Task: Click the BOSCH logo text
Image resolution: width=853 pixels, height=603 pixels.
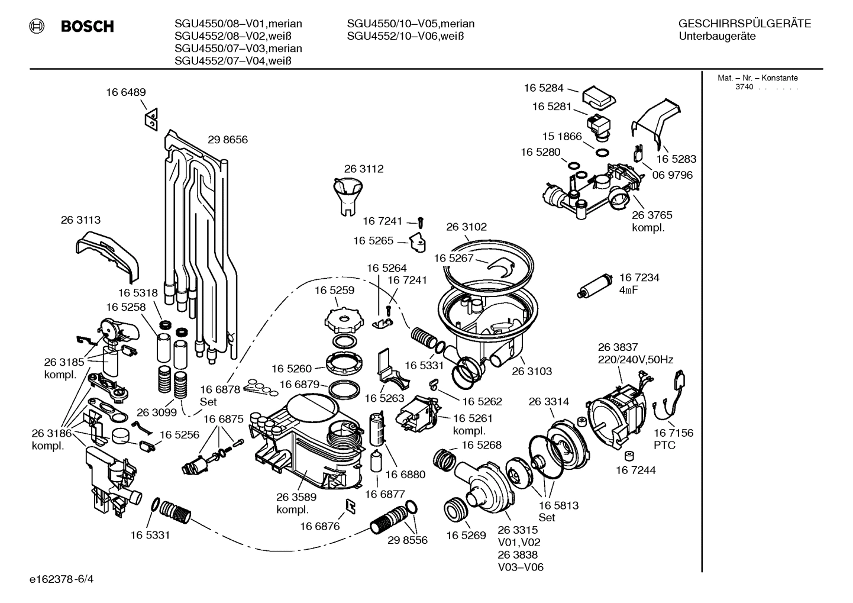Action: click(87, 27)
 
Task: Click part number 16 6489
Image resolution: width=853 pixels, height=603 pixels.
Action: click(125, 92)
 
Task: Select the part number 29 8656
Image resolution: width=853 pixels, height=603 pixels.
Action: click(227, 140)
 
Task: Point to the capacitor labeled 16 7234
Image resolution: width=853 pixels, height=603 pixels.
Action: click(590, 288)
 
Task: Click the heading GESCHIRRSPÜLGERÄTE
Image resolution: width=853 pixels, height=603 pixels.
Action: click(744, 24)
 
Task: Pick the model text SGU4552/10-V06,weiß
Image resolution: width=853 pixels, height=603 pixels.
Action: click(405, 36)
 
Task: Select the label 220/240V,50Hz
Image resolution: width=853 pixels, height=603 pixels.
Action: click(635, 359)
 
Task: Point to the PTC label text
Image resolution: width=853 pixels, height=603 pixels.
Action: click(664, 445)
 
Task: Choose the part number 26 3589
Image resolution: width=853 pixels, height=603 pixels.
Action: click(296, 497)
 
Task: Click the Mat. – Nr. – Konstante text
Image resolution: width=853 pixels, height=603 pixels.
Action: click(757, 78)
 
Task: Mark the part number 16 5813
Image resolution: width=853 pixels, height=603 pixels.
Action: click(558, 505)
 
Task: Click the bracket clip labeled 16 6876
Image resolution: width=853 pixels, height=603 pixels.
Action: click(350, 505)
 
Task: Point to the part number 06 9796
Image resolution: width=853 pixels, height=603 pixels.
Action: click(672, 175)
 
